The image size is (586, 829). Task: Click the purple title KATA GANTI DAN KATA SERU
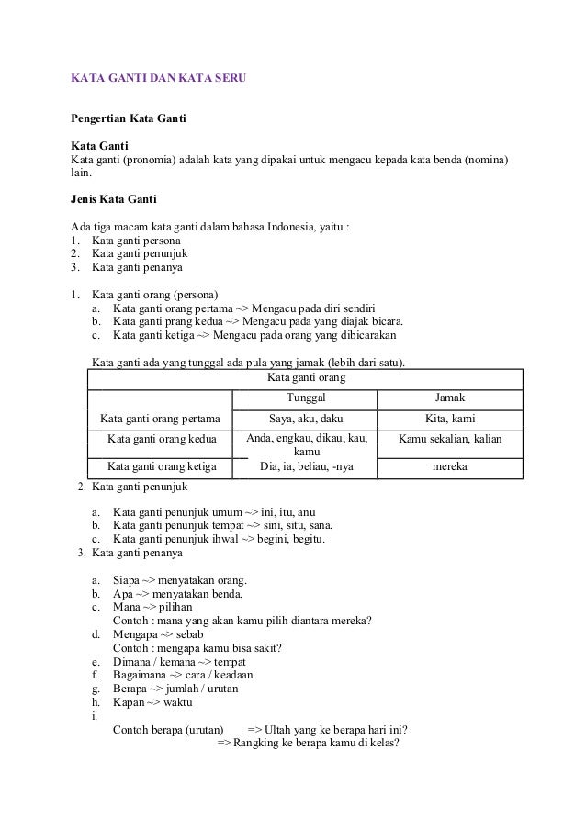pos(158,80)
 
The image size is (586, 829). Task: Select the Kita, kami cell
pos(449,420)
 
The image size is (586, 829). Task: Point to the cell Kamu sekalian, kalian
pos(449,440)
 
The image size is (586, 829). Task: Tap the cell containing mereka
pos(449,467)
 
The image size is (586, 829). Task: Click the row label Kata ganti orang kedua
pos(161,440)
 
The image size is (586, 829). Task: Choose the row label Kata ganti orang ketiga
pos(161,467)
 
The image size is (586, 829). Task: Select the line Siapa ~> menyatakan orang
pos(179,581)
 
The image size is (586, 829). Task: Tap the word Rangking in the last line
pos(258,745)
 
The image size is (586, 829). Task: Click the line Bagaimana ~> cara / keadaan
pos(183,676)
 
